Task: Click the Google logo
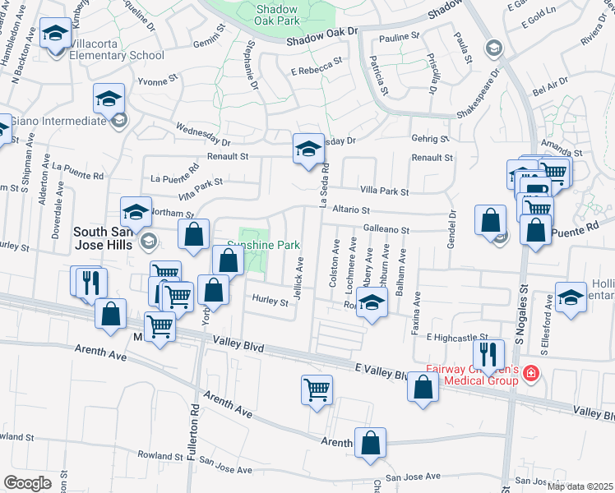[x=27, y=483]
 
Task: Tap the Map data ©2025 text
[x=580, y=486]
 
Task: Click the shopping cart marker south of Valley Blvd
[x=317, y=389]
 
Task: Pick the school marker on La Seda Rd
[x=308, y=150]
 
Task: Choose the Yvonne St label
[x=157, y=81]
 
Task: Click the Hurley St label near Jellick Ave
[x=271, y=302]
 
